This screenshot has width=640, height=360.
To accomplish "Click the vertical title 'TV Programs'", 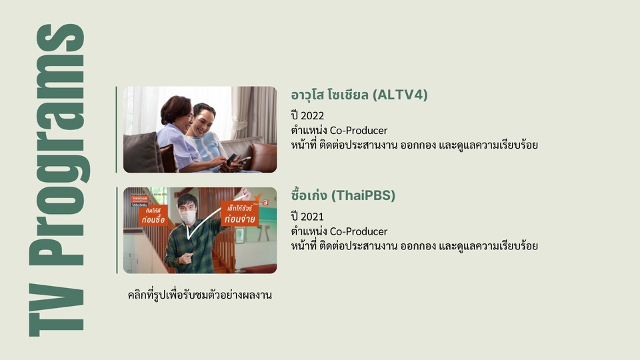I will [x=56, y=180].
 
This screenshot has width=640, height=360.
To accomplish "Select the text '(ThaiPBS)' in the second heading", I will [x=363, y=196].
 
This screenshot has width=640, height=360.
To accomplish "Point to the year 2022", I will [x=313, y=116].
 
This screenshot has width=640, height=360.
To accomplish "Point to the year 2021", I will [x=313, y=217].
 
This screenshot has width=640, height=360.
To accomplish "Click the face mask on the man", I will [x=188, y=217].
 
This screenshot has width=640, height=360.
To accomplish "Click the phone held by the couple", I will [x=233, y=159].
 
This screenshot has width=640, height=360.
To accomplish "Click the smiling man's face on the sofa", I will [x=203, y=116].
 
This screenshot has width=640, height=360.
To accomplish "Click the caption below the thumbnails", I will [x=200, y=294].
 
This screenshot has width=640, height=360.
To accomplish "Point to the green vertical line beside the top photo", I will [x=117, y=129].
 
